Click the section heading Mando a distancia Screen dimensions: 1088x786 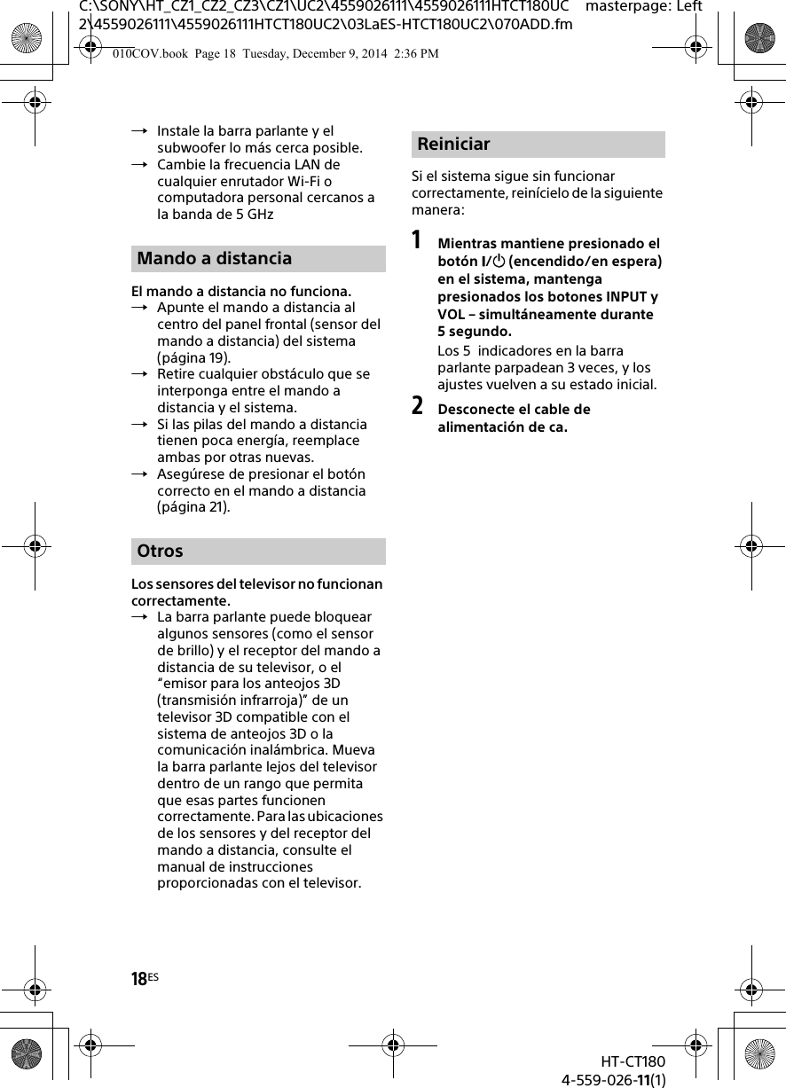(x=214, y=259)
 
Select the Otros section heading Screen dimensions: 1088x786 (x=161, y=552)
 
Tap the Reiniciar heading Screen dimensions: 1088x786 (x=453, y=145)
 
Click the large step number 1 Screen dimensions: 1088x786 (x=418, y=241)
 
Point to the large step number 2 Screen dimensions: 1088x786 (x=418, y=407)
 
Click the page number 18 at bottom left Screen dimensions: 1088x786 (x=139, y=979)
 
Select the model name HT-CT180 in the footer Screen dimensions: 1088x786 (x=632, y=1062)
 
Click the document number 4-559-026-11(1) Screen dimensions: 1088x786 (x=613, y=1079)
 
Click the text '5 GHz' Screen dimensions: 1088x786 (x=252, y=215)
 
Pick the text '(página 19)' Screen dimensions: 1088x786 (x=193, y=357)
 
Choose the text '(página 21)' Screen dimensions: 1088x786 (x=193, y=507)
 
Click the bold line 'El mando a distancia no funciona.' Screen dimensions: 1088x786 (x=240, y=292)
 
